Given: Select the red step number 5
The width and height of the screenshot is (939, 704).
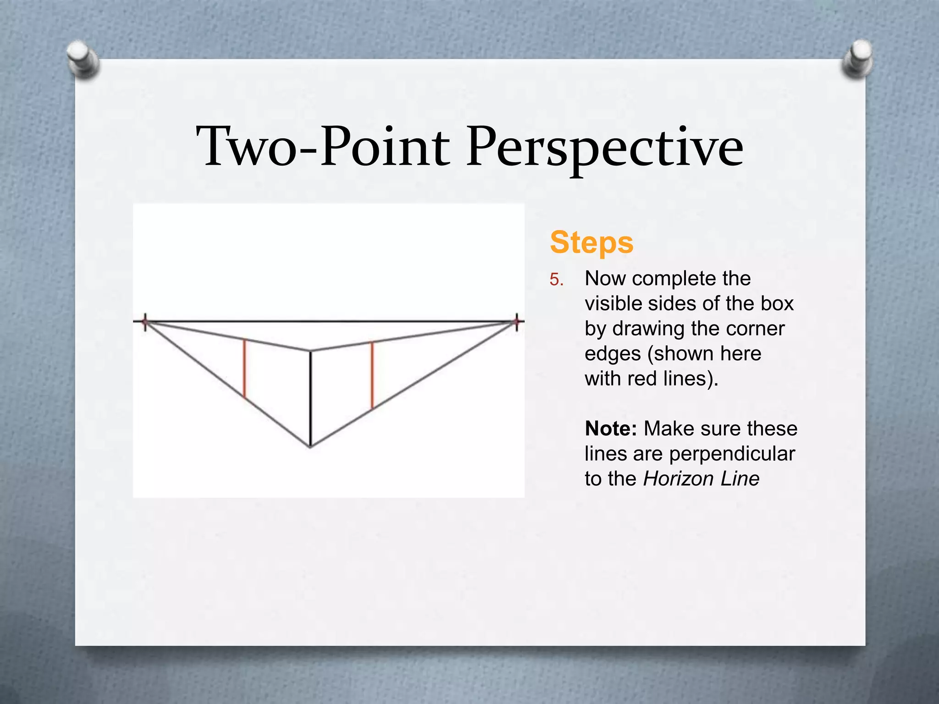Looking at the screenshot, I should pyautogui.click(x=556, y=280).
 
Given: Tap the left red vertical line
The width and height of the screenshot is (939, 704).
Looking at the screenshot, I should pyautogui.click(x=244, y=369).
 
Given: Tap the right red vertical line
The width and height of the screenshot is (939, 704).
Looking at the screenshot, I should pyautogui.click(x=372, y=375).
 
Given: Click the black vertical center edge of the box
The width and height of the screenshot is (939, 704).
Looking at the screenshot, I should pyautogui.click(x=310, y=399).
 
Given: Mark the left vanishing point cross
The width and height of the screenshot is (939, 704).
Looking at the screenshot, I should pyautogui.click(x=145, y=322).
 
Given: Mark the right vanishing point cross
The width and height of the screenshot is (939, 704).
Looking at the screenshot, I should pyautogui.click(x=517, y=322).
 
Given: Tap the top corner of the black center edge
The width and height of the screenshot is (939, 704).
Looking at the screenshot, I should pyautogui.click(x=310, y=351).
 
